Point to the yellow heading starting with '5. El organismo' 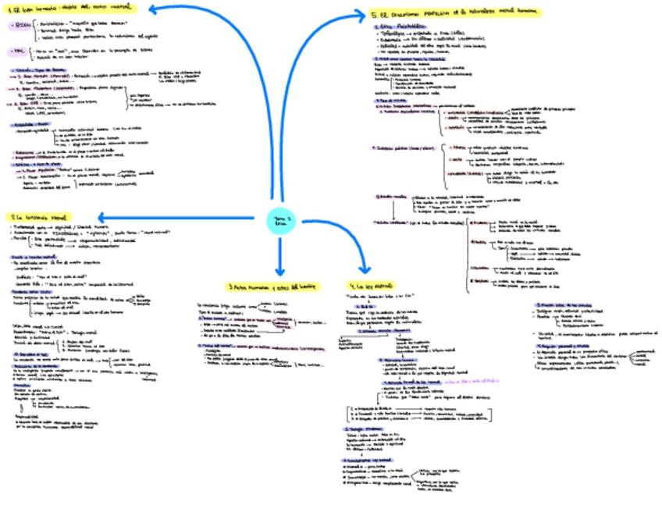[x=456, y=13]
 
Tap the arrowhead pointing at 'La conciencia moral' [x=102, y=217]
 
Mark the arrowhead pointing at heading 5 [x=361, y=13]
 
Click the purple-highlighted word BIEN [x=20, y=27]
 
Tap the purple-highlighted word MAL [x=18, y=53]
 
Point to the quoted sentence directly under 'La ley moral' [x=379, y=297]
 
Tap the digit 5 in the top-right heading [x=373, y=13]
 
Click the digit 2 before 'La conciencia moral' [x=12, y=216]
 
